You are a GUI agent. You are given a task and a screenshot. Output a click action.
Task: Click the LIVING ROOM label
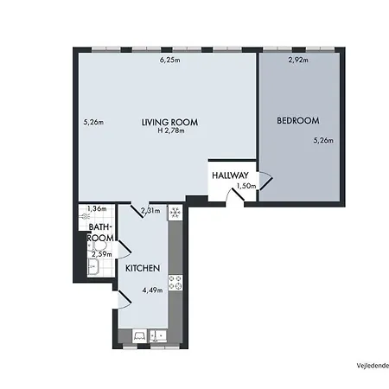164,122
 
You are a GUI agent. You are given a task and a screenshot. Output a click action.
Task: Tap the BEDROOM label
298,120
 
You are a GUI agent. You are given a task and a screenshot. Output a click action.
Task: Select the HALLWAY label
231,176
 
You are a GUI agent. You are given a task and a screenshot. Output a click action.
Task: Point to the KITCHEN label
142,269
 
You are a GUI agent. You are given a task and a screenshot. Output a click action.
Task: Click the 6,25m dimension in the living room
169,61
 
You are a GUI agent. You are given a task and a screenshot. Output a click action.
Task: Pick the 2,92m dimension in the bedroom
298,61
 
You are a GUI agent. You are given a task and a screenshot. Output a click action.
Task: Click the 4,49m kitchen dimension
152,290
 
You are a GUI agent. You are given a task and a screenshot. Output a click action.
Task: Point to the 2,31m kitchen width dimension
150,210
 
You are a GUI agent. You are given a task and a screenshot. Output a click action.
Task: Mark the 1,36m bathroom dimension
97,208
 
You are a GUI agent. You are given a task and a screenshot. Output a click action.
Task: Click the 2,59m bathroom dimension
102,253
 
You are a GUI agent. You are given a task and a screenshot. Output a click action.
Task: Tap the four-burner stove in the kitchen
174,281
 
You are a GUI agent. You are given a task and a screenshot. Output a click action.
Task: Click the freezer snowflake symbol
174,212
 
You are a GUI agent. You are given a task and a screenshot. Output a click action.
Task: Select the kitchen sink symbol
158,335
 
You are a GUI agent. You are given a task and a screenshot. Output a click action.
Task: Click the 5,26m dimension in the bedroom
322,140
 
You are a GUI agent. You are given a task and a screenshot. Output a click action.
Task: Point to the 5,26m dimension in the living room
93,122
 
